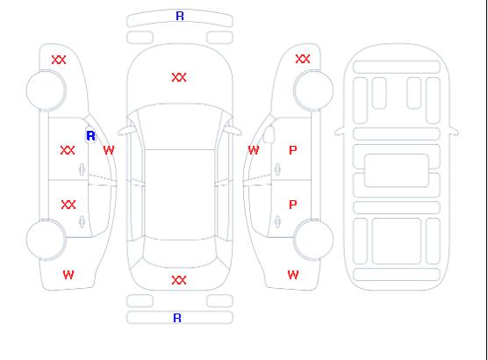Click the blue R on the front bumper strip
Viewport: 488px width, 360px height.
tap(180, 16)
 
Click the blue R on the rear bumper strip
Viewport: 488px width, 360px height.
tap(177, 318)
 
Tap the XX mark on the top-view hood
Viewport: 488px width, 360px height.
tap(179, 77)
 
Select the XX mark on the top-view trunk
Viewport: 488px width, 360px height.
tap(179, 280)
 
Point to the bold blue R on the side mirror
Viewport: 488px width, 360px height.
tap(90, 136)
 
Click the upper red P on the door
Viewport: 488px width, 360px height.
tap(293, 150)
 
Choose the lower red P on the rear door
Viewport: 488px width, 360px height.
tap(293, 205)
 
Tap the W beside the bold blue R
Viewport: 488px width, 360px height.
tap(109, 150)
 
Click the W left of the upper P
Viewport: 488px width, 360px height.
tap(254, 150)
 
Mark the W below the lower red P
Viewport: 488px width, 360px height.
tap(293, 275)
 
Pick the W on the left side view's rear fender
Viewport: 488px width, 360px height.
tap(68, 275)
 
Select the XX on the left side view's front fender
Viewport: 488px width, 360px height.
tap(59, 60)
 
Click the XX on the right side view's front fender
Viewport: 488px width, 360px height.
tap(303, 59)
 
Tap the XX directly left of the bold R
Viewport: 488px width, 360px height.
tap(68, 150)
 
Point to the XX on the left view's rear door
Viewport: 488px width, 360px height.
tap(68, 205)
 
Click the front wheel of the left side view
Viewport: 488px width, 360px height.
tap(46, 90)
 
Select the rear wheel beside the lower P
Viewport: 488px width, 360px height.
tap(313, 240)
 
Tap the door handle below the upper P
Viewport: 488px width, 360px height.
tap(277, 169)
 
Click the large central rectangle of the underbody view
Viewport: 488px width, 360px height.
tap(397, 170)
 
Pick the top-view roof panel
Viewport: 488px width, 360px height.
tap(180, 195)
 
